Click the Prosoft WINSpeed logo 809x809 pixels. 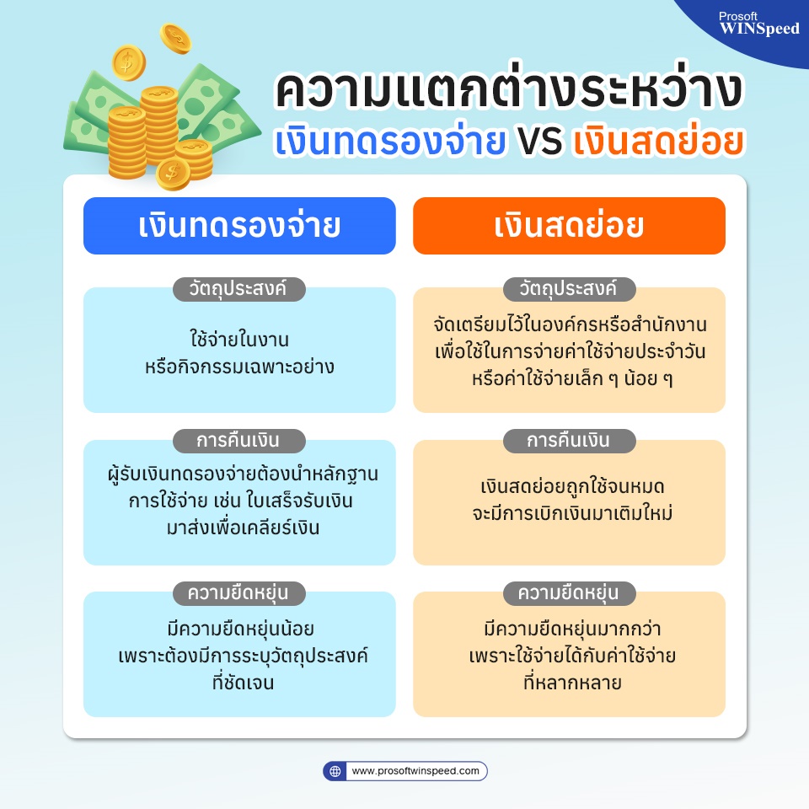(759, 24)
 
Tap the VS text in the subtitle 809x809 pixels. (539, 141)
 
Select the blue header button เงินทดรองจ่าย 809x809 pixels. (239, 226)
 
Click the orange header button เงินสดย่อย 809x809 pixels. (569, 226)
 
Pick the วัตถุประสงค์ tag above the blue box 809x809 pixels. (238, 288)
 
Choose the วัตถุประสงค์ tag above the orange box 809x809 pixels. (569, 288)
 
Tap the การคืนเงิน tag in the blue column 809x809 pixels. (238, 441)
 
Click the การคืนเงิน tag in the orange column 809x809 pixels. (569, 441)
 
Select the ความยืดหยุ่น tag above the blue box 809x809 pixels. (238, 592)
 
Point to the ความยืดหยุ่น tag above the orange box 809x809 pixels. (569, 592)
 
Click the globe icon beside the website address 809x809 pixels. (335, 771)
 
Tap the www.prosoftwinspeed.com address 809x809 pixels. (415, 771)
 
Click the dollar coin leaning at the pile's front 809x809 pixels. (173, 174)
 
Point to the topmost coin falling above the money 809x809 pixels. (175, 39)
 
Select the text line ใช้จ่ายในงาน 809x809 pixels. (239, 340)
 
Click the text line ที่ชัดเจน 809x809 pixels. (243, 682)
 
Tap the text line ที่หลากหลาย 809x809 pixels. (572, 682)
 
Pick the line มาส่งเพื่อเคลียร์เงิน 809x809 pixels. (243, 528)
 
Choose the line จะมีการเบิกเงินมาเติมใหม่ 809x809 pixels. (572, 513)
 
